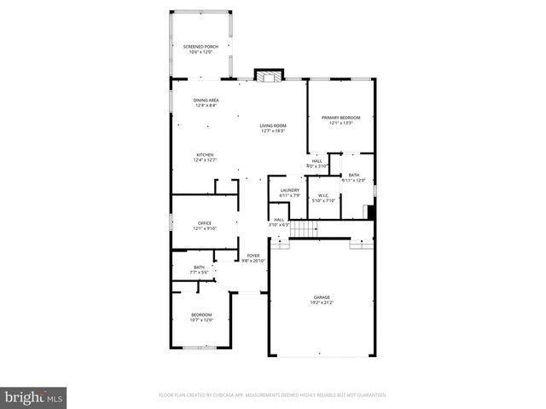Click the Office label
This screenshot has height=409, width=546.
205,225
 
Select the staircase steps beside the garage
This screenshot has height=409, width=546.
304,228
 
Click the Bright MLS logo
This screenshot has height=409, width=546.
33,396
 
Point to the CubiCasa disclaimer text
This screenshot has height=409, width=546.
273,395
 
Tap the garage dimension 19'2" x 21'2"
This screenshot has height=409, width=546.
322,302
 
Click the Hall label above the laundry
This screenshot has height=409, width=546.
317,163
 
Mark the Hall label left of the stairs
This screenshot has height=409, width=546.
279,222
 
